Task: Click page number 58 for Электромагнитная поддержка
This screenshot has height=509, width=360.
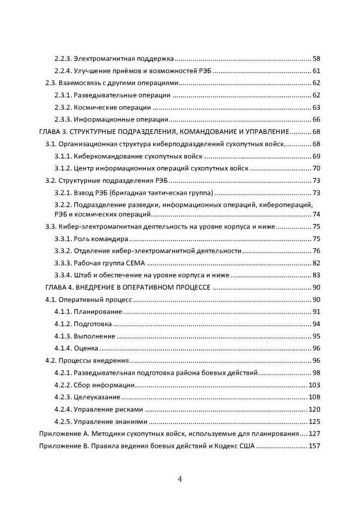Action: pos(316,59)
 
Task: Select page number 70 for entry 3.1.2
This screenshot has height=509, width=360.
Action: pos(316,168)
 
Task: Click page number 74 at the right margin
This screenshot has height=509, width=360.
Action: pos(316,214)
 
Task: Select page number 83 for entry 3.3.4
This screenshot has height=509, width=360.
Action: pos(316,275)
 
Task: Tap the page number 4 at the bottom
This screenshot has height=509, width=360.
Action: pos(180,479)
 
